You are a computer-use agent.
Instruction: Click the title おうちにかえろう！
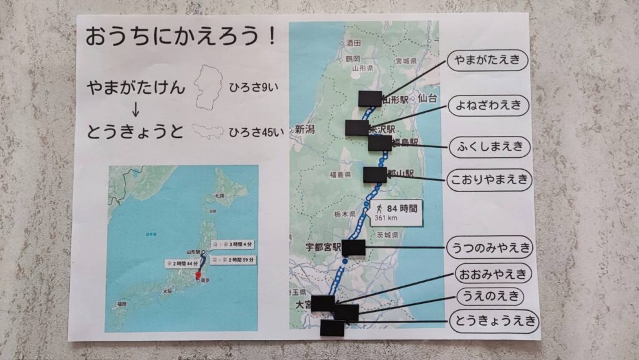pyautogui.click(x=180, y=36)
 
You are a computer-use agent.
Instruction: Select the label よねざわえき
pyautogui.click(x=488, y=105)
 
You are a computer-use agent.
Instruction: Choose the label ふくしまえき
pyautogui.click(x=490, y=147)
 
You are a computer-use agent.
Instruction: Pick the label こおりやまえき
pyautogui.click(x=490, y=181)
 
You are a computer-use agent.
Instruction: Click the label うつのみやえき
pyautogui.click(x=490, y=248)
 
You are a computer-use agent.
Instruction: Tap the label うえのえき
pyautogui.click(x=490, y=296)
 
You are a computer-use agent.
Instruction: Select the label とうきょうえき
pyautogui.click(x=493, y=321)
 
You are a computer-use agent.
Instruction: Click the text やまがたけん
pyautogui.click(x=137, y=87)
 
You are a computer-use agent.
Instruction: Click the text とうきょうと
pyautogui.click(x=137, y=131)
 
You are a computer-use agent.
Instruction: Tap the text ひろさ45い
pyautogui.click(x=256, y=132)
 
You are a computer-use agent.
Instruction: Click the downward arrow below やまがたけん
pyautogui.click(x=136, y=109)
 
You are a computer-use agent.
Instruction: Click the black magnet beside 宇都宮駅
pyautogui.click(x=353, y=247)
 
